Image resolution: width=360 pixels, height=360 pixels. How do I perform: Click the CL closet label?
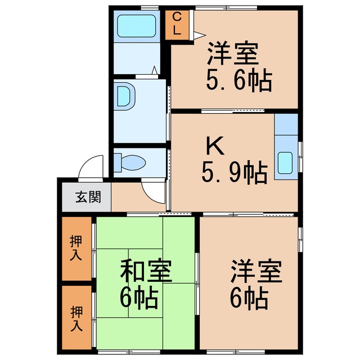coord(177,24)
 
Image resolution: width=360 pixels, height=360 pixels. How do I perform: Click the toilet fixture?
coord(130,163)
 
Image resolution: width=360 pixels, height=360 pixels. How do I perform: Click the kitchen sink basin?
coord(286,164)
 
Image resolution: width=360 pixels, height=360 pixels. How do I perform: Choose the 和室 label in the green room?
coord(146,272)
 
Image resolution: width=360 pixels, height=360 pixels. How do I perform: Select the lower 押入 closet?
coord(76,318)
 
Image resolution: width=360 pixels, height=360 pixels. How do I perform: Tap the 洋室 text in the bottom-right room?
coord(255,273)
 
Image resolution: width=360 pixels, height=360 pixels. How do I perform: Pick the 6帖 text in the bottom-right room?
coord(248,299)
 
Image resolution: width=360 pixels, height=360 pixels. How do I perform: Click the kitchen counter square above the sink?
coord(286,125)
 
